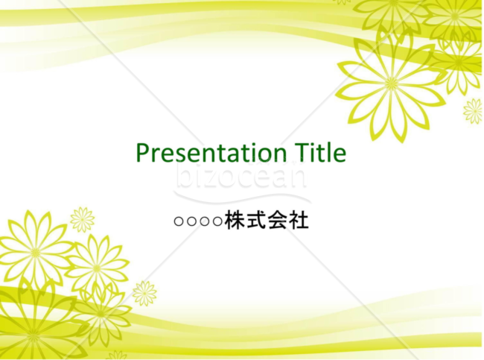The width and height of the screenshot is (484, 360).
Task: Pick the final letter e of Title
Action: (x=340, y=156)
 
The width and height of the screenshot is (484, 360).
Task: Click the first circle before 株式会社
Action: (x=179, y=221)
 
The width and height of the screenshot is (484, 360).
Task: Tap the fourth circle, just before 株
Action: (x=217, y=221)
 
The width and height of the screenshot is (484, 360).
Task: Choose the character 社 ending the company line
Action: (x=298, y=220)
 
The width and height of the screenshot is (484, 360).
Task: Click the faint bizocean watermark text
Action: (x=241, y=177)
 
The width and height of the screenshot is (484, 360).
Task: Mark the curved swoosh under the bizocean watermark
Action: (x=243, y=199)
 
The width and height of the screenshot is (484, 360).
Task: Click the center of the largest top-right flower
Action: (x=392, y=83)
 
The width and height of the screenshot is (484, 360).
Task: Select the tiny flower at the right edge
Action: (x=473, y=111)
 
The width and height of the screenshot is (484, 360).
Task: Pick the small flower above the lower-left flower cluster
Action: (x=82, y=220)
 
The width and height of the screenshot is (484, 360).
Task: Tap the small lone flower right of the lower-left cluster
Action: (x=144, y=293)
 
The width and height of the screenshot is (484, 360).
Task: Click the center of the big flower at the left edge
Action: (x=36, y=251)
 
